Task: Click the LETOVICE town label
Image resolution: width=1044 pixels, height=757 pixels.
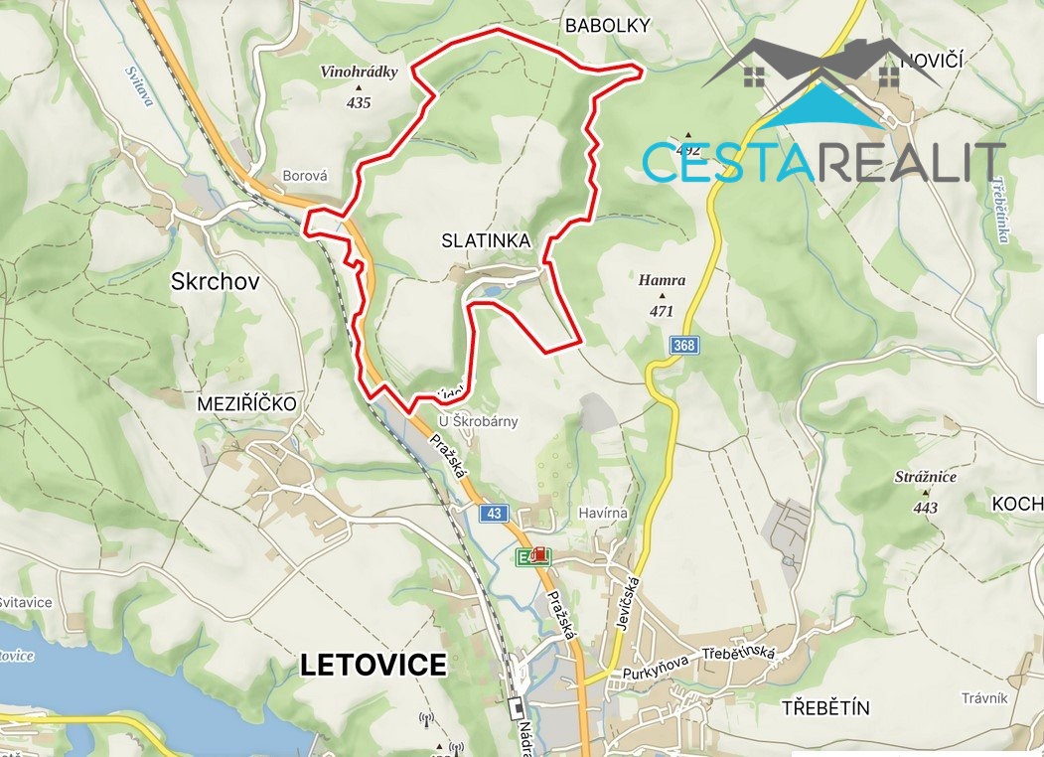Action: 373,665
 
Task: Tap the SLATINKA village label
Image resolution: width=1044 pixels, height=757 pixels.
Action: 487,241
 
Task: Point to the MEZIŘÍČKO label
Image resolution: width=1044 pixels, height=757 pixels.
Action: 247,403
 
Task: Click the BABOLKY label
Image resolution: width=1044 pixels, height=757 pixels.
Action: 607,27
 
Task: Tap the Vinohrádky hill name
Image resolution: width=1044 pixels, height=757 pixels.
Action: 359,73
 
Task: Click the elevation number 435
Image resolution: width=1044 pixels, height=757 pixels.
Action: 359,102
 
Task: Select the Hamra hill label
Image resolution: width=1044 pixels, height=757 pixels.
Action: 662,281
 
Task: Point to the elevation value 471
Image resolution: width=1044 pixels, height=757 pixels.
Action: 662,311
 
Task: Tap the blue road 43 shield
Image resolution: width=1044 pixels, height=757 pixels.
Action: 494,513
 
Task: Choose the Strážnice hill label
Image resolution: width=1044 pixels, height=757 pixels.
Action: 925,477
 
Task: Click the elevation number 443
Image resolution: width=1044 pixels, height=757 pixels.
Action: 925,508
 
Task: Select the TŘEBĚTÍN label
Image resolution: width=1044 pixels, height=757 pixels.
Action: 825,708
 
